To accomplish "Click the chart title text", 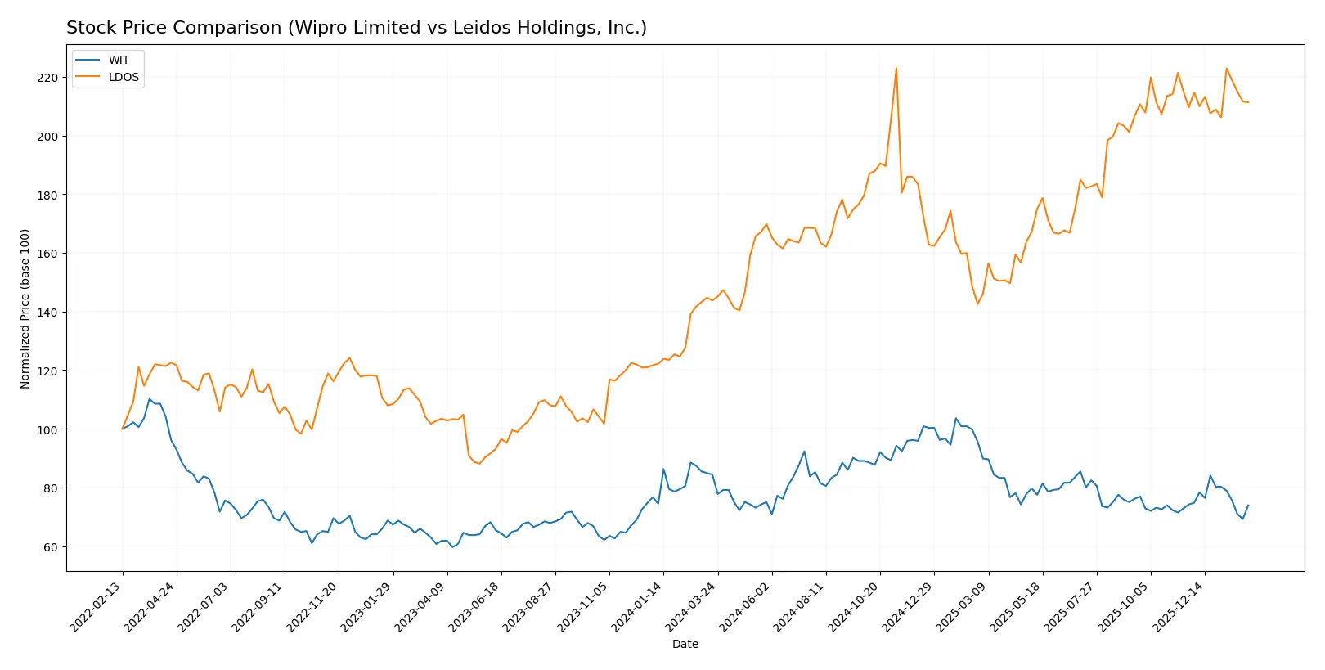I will pos(356,28).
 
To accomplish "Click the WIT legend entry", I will pos(119,60).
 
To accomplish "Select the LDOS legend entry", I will pos(124,78).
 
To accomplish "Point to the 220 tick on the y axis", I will pos(47,78).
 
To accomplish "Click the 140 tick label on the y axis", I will pos(47,313).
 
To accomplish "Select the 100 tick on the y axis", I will pos(47,429).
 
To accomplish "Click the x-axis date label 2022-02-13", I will pos(97,606).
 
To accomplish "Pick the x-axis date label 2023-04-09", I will pos(420,606).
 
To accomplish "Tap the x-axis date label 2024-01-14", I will pos(637,606).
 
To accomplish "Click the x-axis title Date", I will pos(685,645).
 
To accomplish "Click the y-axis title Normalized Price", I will pos(25,308).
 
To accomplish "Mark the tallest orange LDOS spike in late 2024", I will pos(896,68).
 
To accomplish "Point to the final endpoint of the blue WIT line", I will pos(1248,506).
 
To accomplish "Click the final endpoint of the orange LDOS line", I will pos(1248,102).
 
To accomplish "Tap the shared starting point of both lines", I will pos(123,429).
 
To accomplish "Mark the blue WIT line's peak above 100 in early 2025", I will pos(955,419).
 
